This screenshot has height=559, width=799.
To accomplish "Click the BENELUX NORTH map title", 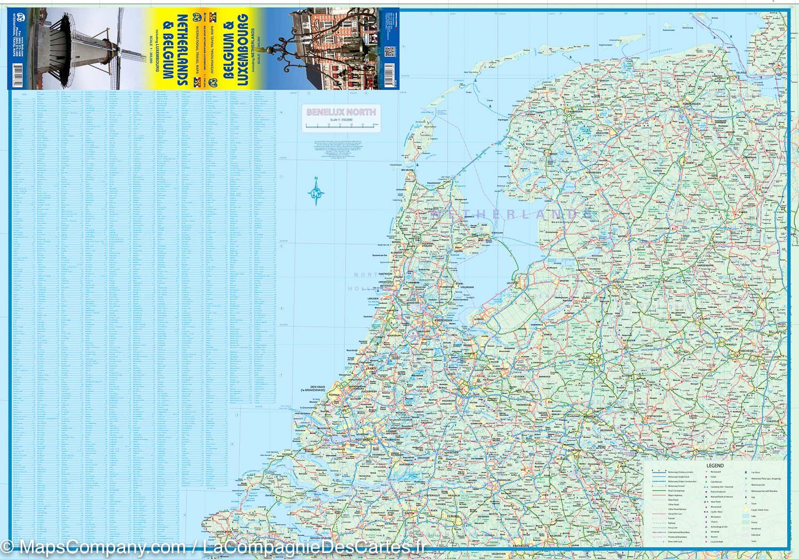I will (x=341, y=112).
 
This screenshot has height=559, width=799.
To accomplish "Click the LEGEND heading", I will (x=715, y=465).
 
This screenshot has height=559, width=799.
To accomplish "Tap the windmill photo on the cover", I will (x=80, y=48).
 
